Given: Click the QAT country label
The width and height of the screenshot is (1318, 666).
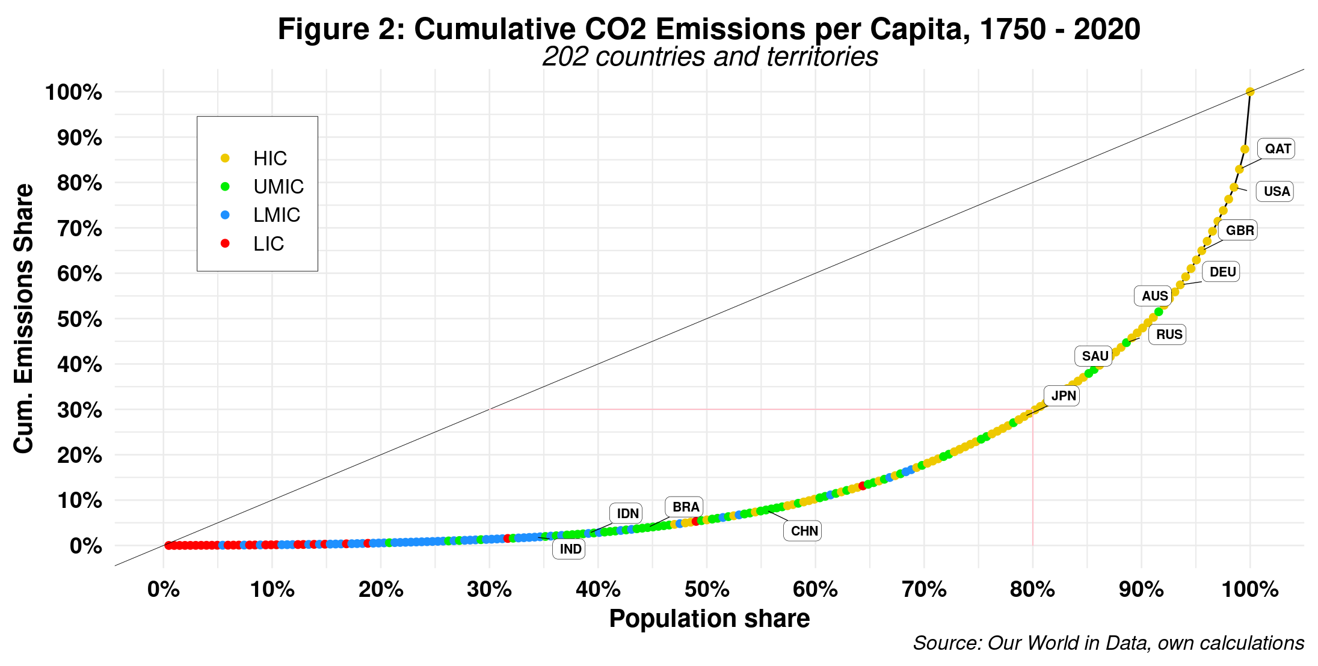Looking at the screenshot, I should (1277, 149).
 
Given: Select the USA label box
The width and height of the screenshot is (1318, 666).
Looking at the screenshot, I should (1276, 192).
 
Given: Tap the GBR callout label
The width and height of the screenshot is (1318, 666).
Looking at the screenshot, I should (1239, 231).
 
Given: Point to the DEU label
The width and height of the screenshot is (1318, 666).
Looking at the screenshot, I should (1222, 272).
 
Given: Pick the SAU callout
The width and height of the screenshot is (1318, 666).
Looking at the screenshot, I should (1094, 356).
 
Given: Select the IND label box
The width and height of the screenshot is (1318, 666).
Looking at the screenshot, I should (570, 549).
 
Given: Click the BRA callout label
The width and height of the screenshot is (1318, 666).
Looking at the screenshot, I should (685, 507).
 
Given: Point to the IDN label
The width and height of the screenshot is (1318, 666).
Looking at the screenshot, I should (627, 514).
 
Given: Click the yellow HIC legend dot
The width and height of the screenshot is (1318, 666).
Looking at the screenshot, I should (225, 158).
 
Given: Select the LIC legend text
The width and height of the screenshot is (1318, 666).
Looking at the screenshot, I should (268, 244).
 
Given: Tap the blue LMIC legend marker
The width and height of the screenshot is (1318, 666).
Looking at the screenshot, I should (225, 215).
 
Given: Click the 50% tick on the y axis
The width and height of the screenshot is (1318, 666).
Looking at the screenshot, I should (79, 319).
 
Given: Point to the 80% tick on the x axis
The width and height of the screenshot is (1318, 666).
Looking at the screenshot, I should (1032, 590).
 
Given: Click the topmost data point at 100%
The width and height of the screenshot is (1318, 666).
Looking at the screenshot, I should (1250, 92).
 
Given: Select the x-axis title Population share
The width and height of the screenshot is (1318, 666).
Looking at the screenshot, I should (709, 619).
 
